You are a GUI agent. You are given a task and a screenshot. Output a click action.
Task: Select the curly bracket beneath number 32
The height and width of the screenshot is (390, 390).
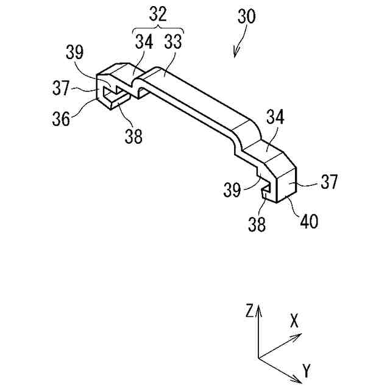click(157, 30)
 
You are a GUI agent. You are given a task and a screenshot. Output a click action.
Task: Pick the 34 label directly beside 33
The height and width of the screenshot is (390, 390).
click(144, 42)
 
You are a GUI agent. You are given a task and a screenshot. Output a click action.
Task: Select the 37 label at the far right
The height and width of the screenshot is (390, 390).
click(329, 182)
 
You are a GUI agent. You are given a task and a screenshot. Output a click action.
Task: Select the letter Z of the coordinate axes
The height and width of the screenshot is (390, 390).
click(249, 311)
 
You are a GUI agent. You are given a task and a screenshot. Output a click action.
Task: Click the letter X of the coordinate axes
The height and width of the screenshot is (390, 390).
click(294, 322)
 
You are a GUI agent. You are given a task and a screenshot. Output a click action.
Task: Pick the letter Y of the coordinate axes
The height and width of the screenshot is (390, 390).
click(307, 369)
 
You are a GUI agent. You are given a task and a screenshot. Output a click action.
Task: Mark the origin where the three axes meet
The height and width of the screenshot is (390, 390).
click(258, 358)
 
